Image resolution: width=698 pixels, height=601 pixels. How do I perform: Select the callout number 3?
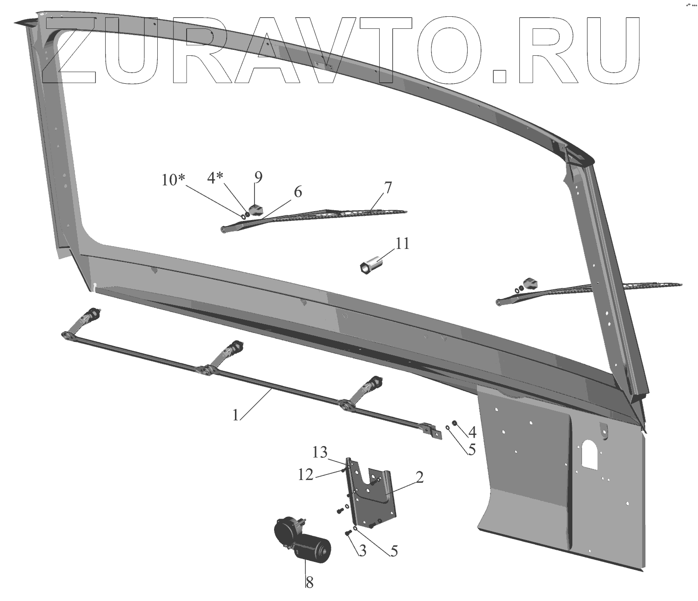(x=362, y=551)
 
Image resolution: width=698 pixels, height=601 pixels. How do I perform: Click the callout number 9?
(x=258, y=177)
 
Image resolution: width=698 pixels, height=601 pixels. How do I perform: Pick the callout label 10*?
(x=174, y=180)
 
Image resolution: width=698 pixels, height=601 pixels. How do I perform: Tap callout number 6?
(x=297, y=191)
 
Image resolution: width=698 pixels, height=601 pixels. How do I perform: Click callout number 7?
(x=388, y=188)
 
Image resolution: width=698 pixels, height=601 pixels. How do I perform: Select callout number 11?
(x=403, y=244)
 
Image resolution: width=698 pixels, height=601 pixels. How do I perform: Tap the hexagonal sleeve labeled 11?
(x=370, y=266)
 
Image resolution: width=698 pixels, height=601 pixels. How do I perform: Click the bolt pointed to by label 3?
(x=348, y=533)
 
